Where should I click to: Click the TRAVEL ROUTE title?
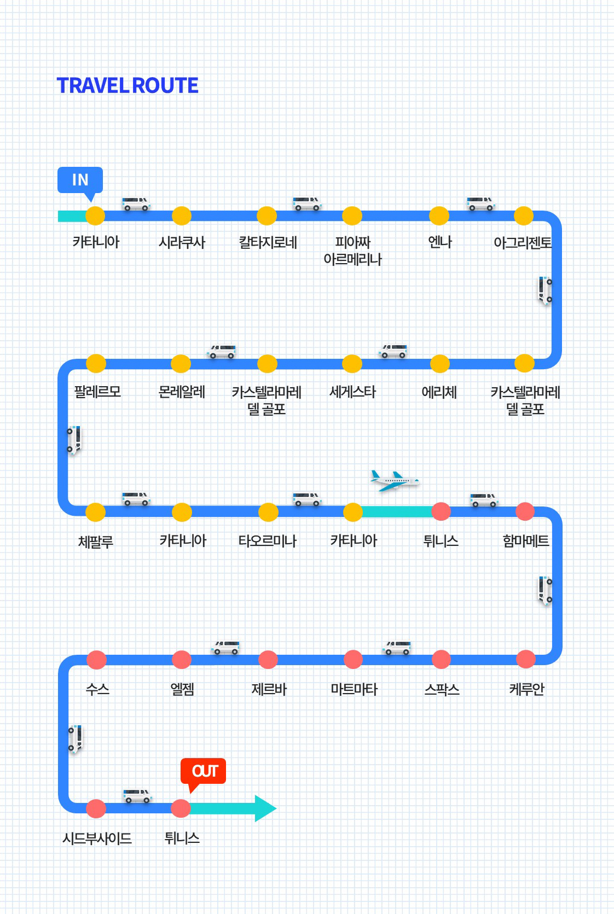point(128,85)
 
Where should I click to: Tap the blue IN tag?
point(80,180)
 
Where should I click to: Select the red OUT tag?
point(204,771)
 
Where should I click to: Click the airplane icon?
point(394,481)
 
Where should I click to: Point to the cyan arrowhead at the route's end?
point(265,808)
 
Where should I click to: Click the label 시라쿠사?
point(182,242)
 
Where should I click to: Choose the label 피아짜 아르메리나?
point(352,251)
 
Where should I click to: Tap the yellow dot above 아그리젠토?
point(524,216)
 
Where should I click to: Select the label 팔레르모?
point(97,392)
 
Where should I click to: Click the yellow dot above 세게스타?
point(352,364)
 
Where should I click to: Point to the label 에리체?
point(439,392)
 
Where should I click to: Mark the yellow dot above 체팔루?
point(96,512)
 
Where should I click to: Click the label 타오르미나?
point(267,541)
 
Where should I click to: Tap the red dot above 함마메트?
point(525,511)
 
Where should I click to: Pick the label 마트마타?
point(354,689)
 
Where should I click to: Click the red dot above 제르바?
point(268,660)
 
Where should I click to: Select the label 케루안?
point(526,689)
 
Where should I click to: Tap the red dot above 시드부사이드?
point(96,808)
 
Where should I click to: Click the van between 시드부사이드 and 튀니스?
point(137,796)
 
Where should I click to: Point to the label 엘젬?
point(182,689)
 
